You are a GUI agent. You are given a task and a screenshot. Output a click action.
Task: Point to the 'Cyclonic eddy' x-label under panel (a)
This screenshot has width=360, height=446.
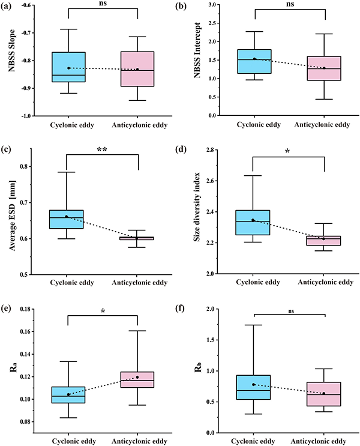[67, 125]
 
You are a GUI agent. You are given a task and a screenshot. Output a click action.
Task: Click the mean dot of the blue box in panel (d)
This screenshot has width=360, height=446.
[253, 220]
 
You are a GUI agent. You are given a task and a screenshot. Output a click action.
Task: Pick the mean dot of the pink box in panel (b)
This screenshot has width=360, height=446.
[324, 68]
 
